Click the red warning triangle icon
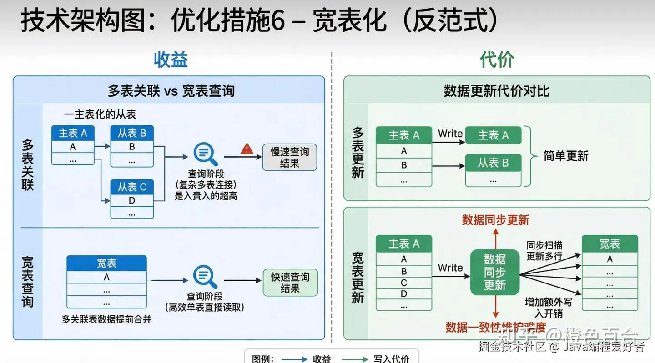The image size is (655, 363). [x=247, y=149]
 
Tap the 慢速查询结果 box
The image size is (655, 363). [x=289, y=157]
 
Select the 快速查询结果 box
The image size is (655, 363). [x=290, y=283]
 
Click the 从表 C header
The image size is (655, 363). [x=132, y=187]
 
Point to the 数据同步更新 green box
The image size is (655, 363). [x=494, y=272]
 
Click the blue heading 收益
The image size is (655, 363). [x=171, y=60]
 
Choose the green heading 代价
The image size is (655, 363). [x=497, y=60]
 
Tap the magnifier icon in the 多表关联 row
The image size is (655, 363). [x=205, y=154]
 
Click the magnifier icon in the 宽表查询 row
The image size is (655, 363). [x=205, y=277]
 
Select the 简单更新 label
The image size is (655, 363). [x=566, y=156]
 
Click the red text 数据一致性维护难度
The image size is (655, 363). [x=495, y=327]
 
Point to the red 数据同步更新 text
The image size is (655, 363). [x=495, y=220]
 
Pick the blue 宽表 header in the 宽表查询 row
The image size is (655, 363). [x=106, y=263]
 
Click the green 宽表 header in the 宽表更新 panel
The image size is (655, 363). [x=610, y=244]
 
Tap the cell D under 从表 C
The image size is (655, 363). [x=132, y=200]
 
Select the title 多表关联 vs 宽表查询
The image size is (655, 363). [x=171, y=91]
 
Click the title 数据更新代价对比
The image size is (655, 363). [x=497, y=91]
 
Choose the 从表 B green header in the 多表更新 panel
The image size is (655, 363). [x=493, y=163]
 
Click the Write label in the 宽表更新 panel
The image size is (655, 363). [x=450, y=268]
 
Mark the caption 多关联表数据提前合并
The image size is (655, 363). [x=106, y=319]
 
